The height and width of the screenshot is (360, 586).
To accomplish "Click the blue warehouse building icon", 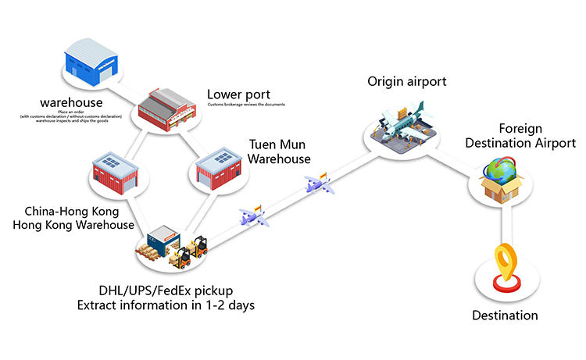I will [x=91, y=62].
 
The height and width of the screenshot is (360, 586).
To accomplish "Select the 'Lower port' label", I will [x=237, y=93].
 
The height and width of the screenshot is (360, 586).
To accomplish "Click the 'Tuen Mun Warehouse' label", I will [x=279, y=151].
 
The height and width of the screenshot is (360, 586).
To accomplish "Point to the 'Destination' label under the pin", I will [x=505, y=315].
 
